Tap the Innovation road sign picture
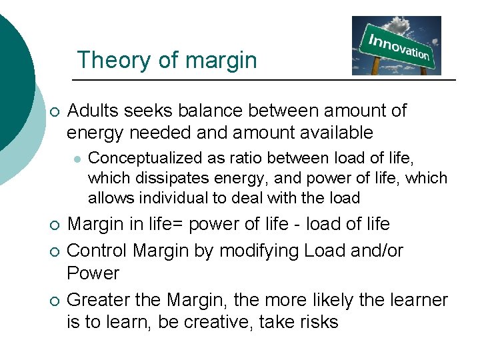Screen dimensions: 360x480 (x=396, y=45)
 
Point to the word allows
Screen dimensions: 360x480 (x=105, y=198)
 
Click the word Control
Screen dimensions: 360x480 (x=99, y=251)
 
